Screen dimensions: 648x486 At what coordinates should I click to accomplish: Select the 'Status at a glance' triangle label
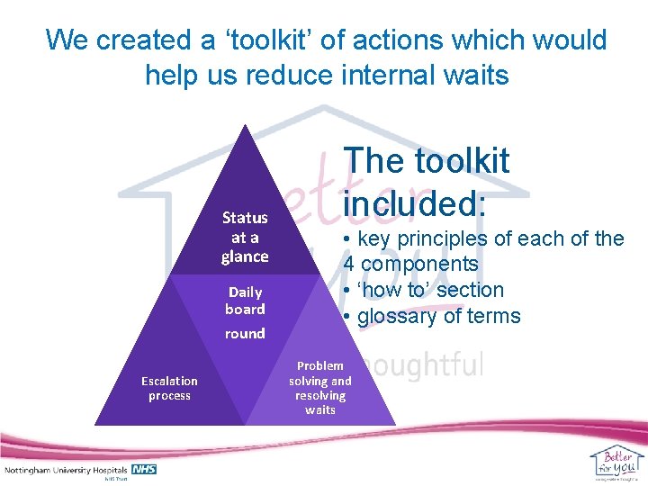245,237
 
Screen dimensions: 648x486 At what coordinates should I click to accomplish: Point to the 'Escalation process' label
169,388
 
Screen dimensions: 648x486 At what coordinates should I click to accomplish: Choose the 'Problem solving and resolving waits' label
320,388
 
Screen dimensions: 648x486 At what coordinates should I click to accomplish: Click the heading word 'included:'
415,202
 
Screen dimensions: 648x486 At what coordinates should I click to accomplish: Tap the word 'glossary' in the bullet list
400,316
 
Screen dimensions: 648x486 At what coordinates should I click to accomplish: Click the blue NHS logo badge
144,470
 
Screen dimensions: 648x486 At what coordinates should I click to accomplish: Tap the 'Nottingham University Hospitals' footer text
67,471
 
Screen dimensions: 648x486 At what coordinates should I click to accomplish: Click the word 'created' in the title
137,40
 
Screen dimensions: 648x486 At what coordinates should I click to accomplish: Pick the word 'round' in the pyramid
245,333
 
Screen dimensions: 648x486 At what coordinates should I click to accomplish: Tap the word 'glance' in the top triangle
245,256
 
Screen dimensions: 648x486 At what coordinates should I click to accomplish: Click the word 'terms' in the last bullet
494,316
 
